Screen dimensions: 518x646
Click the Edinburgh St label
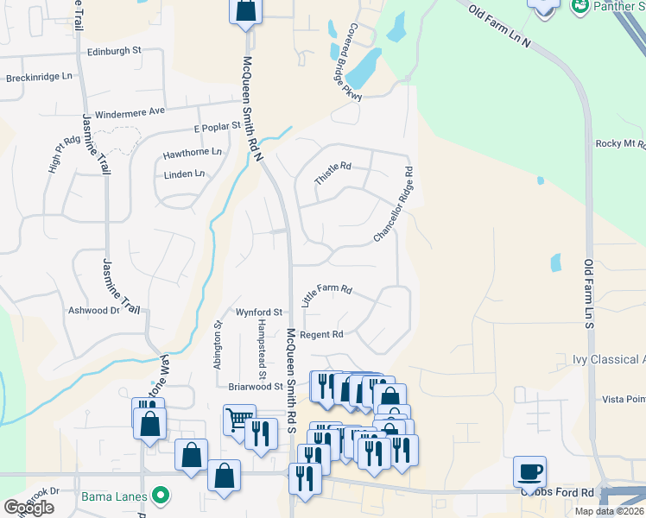[114, 51]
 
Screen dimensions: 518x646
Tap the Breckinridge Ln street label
[39, 77]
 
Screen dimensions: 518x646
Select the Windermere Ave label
[130, 112]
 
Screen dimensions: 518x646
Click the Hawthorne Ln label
[193, 154]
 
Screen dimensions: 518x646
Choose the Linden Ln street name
[185, 174]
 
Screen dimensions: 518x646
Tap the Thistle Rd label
[333, 173]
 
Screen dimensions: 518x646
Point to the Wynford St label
[259, 312]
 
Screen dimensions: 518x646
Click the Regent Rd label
[321, 334]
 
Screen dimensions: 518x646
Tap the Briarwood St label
[256, 387]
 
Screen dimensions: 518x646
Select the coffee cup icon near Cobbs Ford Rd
[529, 472]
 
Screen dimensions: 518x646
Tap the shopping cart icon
[239, 420]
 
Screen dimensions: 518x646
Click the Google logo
[28, 508]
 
